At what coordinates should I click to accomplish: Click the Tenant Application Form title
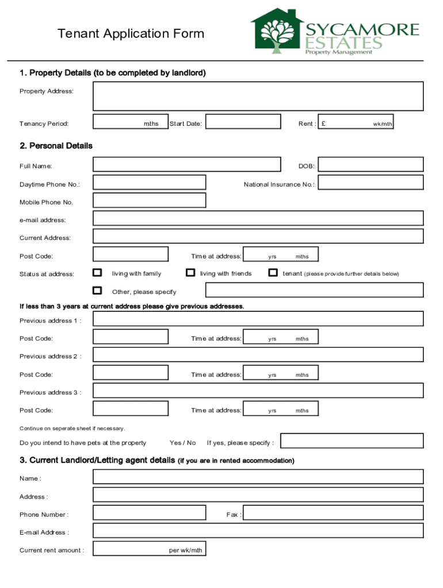[x=131, y=34]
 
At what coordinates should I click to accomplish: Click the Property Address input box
[x=258, y=96]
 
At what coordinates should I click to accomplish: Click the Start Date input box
[x=243, y=123]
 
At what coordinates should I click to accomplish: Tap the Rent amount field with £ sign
[x=356, y=123]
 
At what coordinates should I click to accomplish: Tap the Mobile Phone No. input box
[x=149, y=200]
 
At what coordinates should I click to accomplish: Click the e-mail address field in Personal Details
[x=258, y=218]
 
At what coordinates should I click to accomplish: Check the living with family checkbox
[x=98, y=272]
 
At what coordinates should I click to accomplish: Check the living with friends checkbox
[x=190, y=272]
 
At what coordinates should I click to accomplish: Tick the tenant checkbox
[x=273, y=272]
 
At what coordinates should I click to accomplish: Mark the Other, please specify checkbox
[x=98, y=290]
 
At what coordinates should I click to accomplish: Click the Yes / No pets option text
[x=182, y=443]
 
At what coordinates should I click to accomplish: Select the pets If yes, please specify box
[x=352, y=441]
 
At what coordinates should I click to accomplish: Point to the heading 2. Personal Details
[x=56, y=146]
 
